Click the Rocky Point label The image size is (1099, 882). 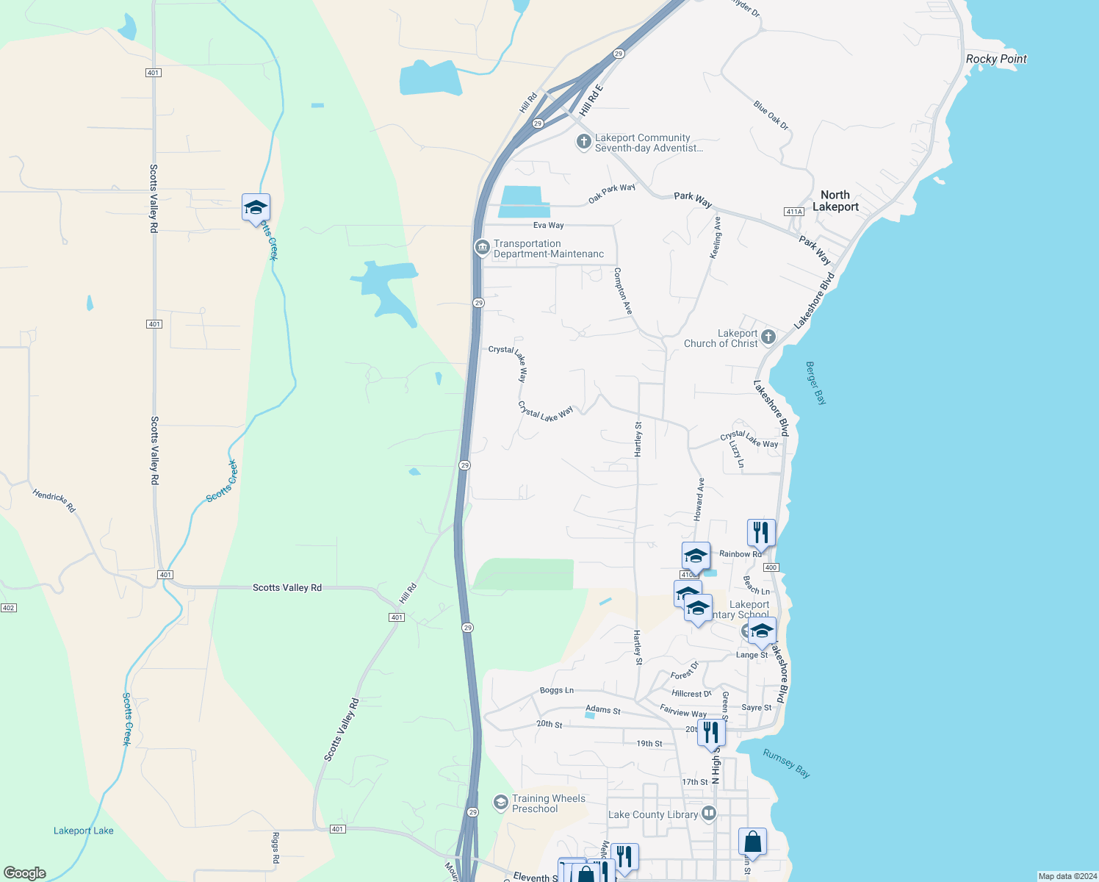pos(996,59)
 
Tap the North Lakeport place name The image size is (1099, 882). pos(835,201)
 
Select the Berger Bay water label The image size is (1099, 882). pos(815,382)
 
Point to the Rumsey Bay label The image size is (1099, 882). pos(786,763)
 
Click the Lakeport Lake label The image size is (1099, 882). pos(84,831)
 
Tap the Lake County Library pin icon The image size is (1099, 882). pos(709,814)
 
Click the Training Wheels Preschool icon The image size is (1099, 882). pos(501,802)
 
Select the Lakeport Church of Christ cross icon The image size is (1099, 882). pos(768,337)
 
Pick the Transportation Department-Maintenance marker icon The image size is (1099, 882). pos(482,247)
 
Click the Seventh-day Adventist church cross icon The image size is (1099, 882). pos(584,141)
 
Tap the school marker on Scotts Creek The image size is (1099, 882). pos(256,207)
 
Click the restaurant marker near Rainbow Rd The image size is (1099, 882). pos(761,532)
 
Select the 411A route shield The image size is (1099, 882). pos(794,212)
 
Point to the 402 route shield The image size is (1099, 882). pos(8,608)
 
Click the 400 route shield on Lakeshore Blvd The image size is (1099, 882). pos(771,567)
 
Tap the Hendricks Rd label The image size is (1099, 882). pos(54,501)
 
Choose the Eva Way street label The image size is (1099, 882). pos(549,225)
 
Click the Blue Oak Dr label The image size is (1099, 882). pos(771,115)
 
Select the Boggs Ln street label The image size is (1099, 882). pos(556,690)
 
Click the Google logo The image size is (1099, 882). pos(25,873)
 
